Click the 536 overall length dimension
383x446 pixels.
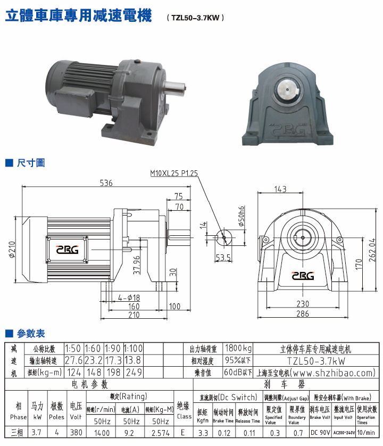coord(106,183)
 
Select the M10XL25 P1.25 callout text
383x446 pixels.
coord(173,173)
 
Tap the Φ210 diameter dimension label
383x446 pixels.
coord(12,250)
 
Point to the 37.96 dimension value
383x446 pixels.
coord(137,266)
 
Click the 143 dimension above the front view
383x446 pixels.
coord(280,189)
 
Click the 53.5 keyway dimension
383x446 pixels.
coord(223,258)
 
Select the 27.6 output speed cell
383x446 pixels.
coord(73,360)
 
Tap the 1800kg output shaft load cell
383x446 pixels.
coord(238,349)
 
